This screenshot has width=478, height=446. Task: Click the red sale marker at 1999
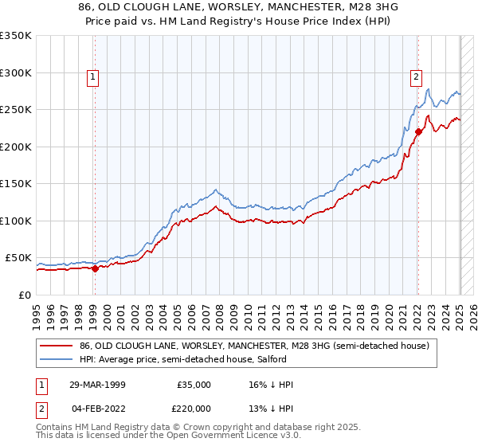coord(95,268)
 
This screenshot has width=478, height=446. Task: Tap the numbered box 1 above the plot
coord(93,77)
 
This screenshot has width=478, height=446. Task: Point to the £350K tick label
coord(16,36)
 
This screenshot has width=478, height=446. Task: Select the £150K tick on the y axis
coord(16,184)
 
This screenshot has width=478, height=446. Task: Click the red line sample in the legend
coord(57,346)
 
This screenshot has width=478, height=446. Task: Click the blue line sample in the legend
coord(57,360)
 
